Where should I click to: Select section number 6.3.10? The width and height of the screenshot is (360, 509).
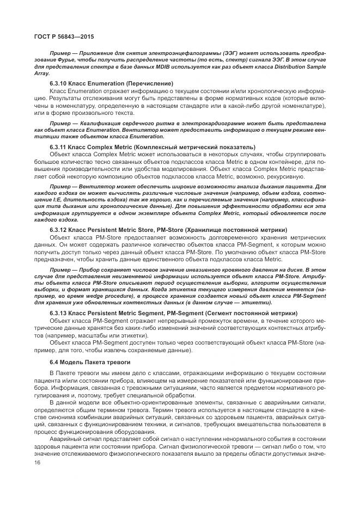(x=59, y=83)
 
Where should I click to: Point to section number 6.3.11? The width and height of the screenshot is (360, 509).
(x=59, y=147)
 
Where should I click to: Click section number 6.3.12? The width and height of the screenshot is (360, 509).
(x=59, y=230)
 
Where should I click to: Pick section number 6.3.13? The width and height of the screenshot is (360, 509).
(x=59, y=314)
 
